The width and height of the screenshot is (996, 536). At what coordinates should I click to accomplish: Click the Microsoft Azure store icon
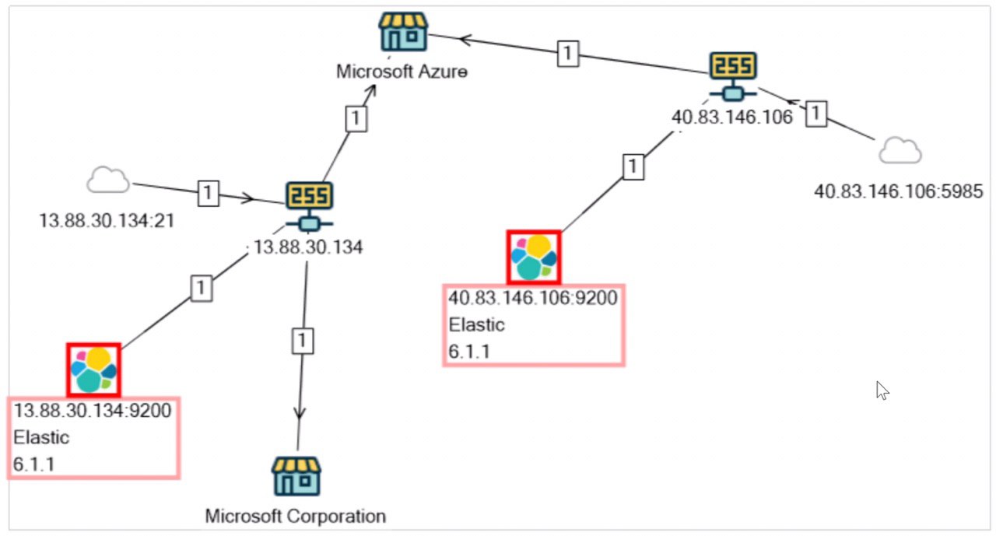pyautogui.click(x=403, y=32)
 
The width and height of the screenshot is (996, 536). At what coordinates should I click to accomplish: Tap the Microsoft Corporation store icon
pyautogui.click(x=296, y=476)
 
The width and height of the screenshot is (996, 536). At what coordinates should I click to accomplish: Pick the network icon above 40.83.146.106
pyautogui.click(x=733, y=75)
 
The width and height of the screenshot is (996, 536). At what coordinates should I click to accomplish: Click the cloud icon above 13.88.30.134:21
pyautogui.click(x=108, y=181)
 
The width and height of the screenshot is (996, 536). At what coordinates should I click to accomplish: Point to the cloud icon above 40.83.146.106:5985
pyautogui.click(x=900, y=150)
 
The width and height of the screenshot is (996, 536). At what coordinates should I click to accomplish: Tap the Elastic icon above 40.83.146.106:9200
pyautogui.click(x=534, y=257)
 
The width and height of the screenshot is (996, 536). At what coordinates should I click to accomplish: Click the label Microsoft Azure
pyautogui.click(x=402, y=72)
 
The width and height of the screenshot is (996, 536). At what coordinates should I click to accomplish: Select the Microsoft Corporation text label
pyautogui.click(x=296, y=516)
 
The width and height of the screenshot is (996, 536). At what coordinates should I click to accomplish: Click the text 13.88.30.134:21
pyautogui.click(x=107, y=221)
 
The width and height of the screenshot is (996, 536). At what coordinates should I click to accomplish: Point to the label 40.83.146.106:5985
pyautogui.click(x=899, y=191)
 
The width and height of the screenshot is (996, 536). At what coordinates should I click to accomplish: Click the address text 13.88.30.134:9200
pyautogui.click(x=93, y=410)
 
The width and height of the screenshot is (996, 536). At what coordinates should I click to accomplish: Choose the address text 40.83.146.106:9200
pyautogui.click(x=533, y=298)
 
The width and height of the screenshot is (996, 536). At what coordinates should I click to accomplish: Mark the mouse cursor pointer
pyautogui.click(x=882, y=390)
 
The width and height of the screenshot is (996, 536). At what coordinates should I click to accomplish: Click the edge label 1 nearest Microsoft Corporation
pyautogui.click(x=302, y=339)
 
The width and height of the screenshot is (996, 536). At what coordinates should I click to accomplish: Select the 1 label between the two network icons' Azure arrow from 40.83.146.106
pyautogui.click(x=568, y=53)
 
